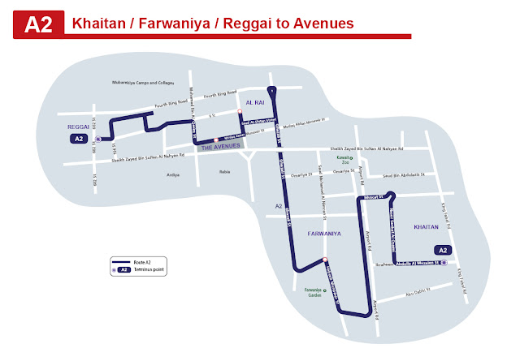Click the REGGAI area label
coord(78,127)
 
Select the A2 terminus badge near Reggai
coord(78,140)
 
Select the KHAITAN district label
coord(427,228)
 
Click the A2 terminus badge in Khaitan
coord(443,249)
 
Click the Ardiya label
coord(172,174)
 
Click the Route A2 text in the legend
coord(145,261)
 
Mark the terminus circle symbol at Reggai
coord(97,140)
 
